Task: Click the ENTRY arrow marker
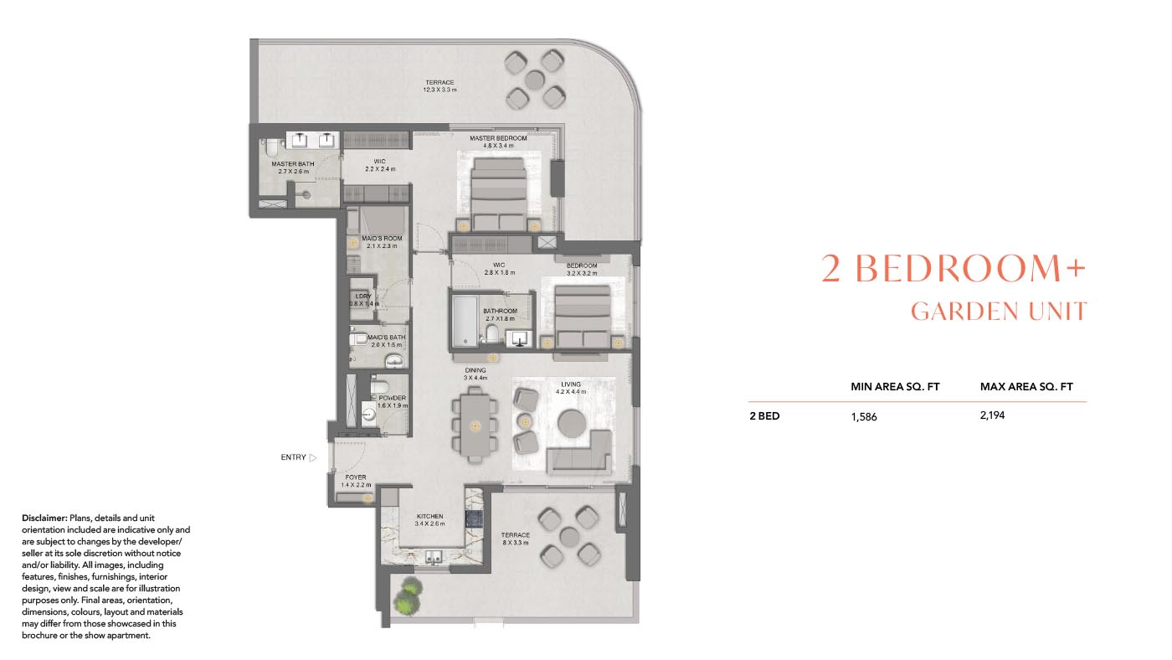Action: [x=313, y=458]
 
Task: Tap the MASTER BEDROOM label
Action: [x=498, y=138]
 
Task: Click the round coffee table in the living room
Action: [x=572, y=422]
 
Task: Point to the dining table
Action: [x=474, y=425]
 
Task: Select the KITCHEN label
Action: [x=429, y=517]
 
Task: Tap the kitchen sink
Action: [x=434, y=554]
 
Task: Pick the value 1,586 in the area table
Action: [x=864, y=416]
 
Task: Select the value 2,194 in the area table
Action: [x=992, y=415]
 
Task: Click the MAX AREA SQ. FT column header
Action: [x=1026, y=387]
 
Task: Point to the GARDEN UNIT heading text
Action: [x=998, y=312]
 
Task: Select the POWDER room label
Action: [x=392, y=398]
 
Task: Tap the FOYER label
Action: [x=355, y=477]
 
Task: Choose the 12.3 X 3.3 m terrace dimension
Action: [x=439, y=90]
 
